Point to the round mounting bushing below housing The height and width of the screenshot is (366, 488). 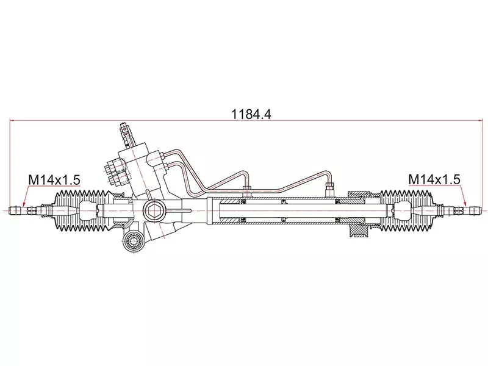click(x=132, y=242)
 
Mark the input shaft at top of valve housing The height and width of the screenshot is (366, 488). click(x=126, y=131)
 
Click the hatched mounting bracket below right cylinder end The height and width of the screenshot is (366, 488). click(x=356, y=231)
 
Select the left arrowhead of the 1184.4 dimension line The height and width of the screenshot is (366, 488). click(x=13, y=121)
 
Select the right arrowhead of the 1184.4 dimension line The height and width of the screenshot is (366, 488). click(x=476, y=121)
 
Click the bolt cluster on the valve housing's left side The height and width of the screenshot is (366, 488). click(x=113, y=170)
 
